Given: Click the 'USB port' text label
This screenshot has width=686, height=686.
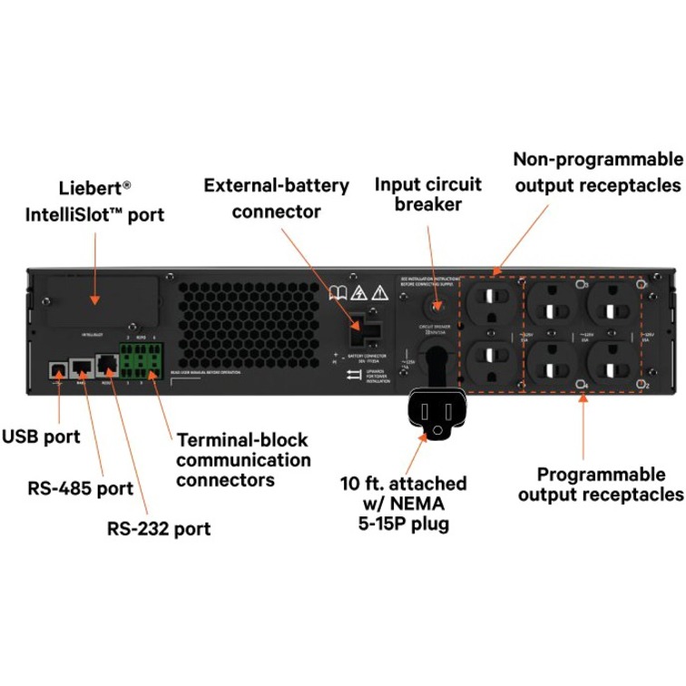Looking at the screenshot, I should (41, 436).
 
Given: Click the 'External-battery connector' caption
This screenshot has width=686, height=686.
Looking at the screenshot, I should (276, 198).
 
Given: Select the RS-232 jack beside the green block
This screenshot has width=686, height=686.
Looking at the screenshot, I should (107, 367).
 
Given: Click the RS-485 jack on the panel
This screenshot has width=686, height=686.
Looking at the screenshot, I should (81, 367).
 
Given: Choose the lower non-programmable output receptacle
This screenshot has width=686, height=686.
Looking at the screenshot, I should (492, 358).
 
